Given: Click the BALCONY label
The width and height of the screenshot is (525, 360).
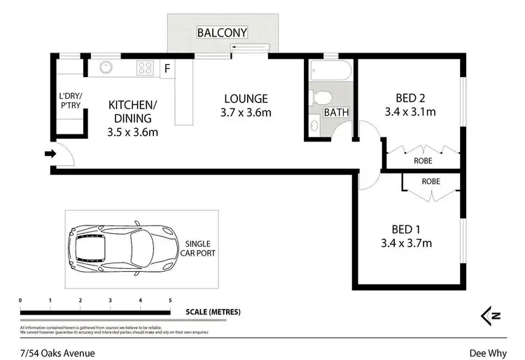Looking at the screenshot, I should (x=222, y=33).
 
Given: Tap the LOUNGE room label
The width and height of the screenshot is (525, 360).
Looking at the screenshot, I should (x=246, y=99).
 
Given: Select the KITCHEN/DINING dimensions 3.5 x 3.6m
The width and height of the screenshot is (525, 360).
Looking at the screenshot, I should (x=133, y=132).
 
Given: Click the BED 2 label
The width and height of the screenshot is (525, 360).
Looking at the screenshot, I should (x=410, y=99).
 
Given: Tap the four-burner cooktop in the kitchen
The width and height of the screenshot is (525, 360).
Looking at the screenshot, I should (x=145, y=68).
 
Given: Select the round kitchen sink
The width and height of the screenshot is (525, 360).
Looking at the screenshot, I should (x=106, y=68).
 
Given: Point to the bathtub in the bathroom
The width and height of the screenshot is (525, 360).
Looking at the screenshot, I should (x=331, y=72).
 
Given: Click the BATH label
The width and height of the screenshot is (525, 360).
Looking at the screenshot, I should (x=336, y=112).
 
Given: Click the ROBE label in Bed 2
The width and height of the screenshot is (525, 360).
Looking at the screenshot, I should (x=422, y=161).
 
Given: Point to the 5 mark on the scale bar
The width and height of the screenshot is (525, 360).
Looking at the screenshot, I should (x=170, y=300).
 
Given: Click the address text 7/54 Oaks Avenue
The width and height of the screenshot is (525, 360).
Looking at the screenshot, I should (x=57, y=353).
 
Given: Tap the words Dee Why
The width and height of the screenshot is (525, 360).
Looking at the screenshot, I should (x=487, y=353).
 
